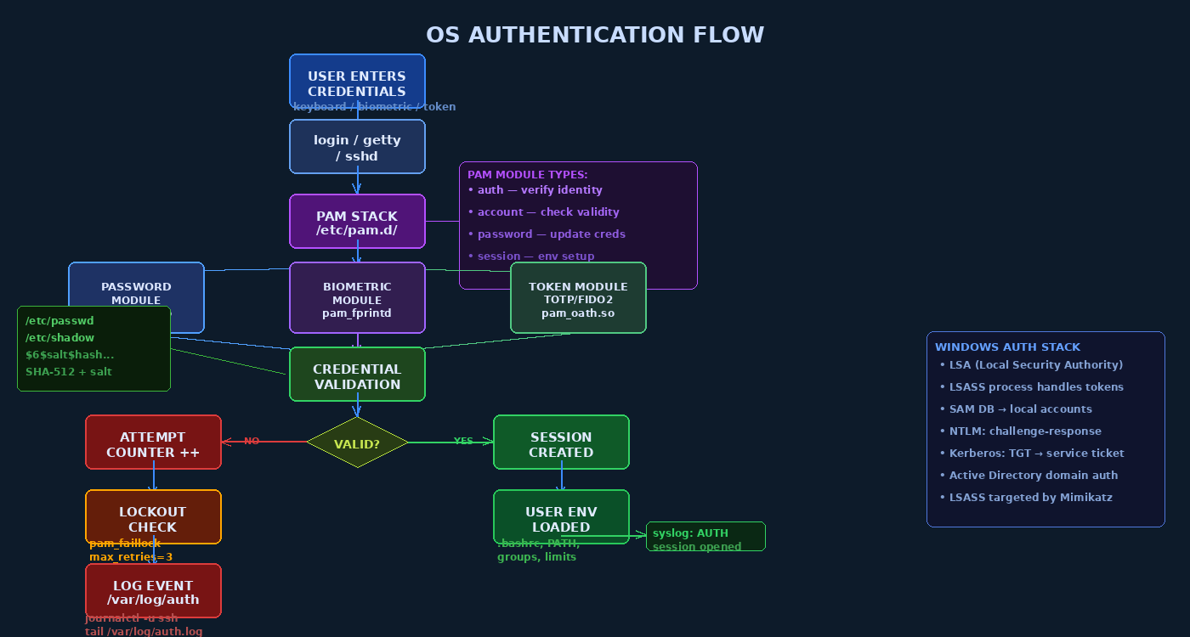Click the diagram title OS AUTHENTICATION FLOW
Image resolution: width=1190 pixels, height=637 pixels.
coord(595,35)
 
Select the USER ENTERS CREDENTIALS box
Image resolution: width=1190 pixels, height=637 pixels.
coord(357,82)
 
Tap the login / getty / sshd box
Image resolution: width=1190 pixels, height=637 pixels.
coord(357,147)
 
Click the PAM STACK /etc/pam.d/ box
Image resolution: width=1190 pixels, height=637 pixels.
coord(357,222)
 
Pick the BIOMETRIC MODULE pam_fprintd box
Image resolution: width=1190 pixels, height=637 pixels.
coord(357,298)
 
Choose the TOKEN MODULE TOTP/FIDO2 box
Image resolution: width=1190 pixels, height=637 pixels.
coord(578,298)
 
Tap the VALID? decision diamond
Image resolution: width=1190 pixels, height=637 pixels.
coord(357,443)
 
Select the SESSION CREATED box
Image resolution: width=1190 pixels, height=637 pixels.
coord(561,443)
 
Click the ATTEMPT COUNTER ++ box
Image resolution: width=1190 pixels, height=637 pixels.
coord(153,443)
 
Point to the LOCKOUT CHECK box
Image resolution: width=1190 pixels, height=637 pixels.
coord(153,517)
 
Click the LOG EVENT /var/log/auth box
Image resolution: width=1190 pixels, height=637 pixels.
coord(153,591)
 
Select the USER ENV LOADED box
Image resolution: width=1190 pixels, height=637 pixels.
coord(561,517)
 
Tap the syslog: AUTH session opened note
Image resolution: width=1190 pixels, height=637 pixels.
coord(705,538)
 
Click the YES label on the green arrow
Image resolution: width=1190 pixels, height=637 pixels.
coord(463,441)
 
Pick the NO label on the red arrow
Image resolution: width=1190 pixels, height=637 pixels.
coord(252,441)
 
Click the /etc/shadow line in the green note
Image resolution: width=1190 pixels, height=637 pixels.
coord(59,338)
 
